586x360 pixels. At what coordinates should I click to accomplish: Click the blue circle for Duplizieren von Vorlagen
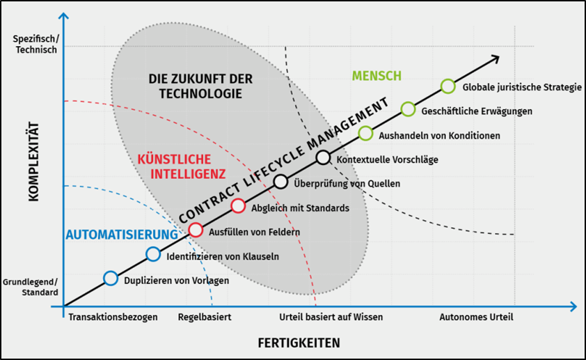111,279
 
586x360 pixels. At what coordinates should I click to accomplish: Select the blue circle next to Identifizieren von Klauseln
153,254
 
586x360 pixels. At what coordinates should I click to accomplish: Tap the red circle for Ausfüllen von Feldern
196,230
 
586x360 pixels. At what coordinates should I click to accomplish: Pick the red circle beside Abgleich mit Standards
238,205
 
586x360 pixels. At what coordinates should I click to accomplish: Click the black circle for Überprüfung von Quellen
280,182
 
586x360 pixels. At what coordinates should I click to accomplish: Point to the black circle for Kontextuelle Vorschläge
323,157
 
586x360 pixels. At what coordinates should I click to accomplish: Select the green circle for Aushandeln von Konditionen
365,133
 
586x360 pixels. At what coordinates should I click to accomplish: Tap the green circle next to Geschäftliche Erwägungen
408,109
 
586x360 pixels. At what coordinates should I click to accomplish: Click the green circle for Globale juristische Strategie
448,86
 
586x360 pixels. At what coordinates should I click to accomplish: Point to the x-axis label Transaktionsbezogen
113,317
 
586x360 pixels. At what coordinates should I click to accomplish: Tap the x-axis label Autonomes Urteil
476,317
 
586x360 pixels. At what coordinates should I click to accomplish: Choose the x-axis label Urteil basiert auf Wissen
331,317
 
